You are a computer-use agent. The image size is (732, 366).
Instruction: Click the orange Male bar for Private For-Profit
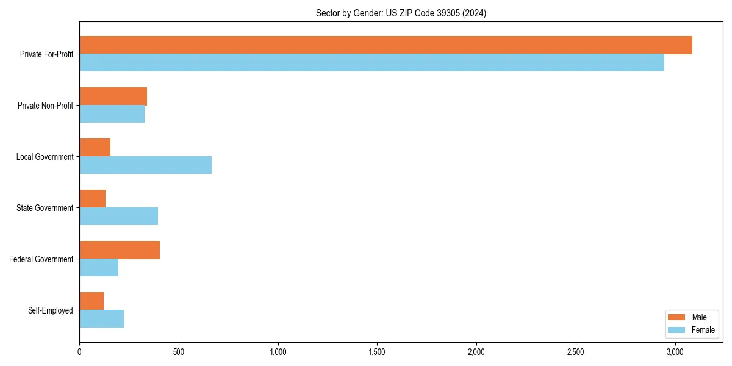point(386,45)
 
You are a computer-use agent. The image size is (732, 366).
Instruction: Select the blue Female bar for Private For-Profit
point(371,63)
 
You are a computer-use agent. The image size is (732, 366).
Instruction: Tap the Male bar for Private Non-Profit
point(113,96)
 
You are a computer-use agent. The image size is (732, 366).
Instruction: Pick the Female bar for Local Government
point(145,165)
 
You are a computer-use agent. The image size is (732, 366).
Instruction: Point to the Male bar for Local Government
point(95,148)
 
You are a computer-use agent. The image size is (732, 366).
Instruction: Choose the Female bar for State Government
point(118,217)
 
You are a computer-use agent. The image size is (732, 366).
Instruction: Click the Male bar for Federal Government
point(120,250)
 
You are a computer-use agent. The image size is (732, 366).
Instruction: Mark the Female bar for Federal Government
point(99,268)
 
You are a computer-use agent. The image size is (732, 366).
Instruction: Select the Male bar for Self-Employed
point(91,301)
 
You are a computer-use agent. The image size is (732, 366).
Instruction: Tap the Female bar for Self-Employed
point(101,319)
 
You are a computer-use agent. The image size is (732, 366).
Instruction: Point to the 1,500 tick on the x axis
point(377,352)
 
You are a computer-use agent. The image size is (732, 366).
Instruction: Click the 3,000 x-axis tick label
point(675,352)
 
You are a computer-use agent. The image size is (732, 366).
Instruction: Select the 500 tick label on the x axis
point(179,352)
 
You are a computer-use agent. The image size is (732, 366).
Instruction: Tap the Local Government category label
point(45,157)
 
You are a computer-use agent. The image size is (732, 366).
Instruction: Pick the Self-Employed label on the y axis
point(50,310)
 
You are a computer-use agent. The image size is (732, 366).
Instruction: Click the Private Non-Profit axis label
point(45,106)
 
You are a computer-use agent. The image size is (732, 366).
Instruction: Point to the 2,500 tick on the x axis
point(576,352)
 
